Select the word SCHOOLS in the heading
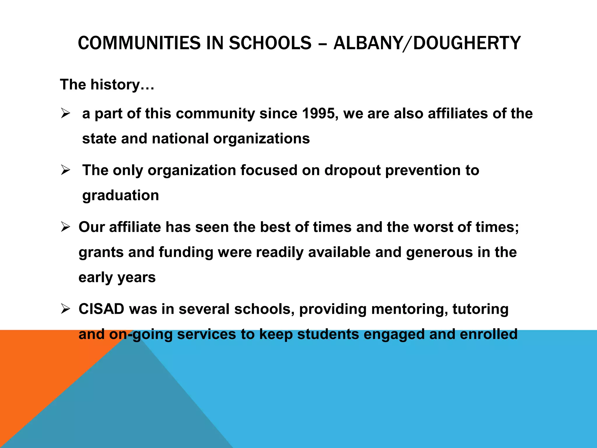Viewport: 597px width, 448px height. click(x=270, y=43)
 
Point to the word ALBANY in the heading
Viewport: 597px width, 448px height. click(x=367, y=43)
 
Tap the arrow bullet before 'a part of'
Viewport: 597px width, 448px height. click(x=65, y=113)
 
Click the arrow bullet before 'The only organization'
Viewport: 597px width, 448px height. click(x=65, y=170)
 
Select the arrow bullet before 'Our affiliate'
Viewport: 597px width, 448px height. click(x=65, y=227)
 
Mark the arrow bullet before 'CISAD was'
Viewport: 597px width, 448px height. click(x=65, y=309)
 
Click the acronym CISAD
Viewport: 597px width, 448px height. click(x=101, y=309)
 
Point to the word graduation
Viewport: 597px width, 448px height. click(x=120, y=195)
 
